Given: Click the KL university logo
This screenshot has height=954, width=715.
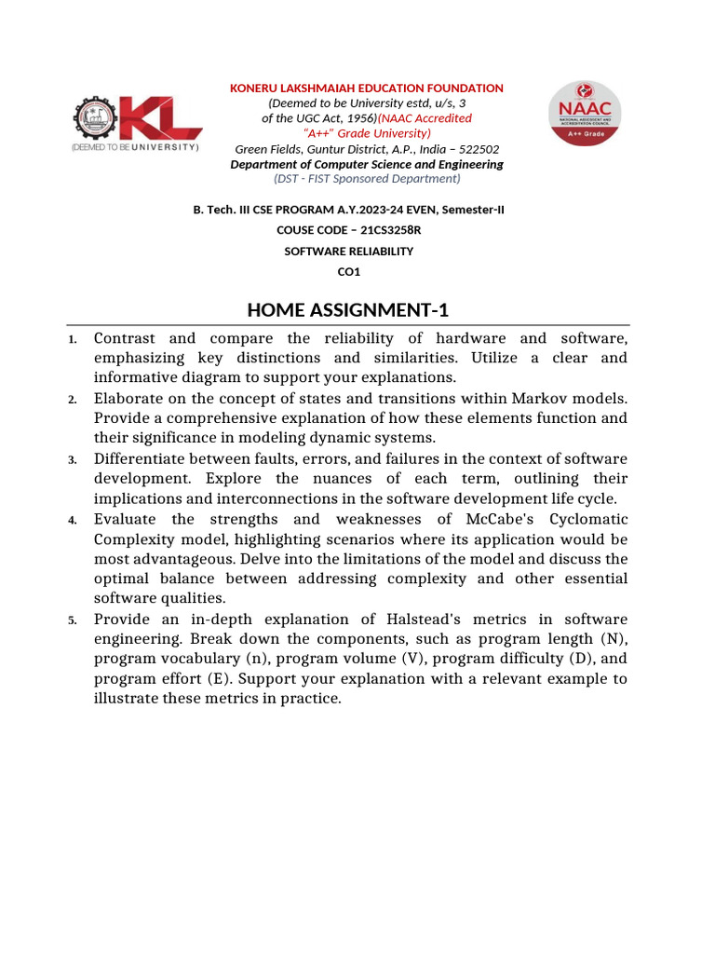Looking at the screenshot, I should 136,126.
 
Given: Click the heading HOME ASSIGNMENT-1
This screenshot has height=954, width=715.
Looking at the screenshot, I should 348,309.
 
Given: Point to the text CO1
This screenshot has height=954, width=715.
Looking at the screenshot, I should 348,272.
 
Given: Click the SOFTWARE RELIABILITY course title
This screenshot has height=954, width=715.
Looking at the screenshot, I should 348,252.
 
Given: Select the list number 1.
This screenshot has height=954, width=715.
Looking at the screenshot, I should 73,339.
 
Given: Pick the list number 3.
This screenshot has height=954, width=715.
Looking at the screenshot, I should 73,460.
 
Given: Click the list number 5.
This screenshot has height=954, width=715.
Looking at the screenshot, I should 73,620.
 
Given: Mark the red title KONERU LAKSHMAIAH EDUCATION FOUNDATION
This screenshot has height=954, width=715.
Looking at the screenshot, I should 367,89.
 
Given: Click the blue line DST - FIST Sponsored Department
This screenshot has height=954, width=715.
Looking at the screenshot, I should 367,178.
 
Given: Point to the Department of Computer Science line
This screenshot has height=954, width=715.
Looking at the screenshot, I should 367,164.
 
